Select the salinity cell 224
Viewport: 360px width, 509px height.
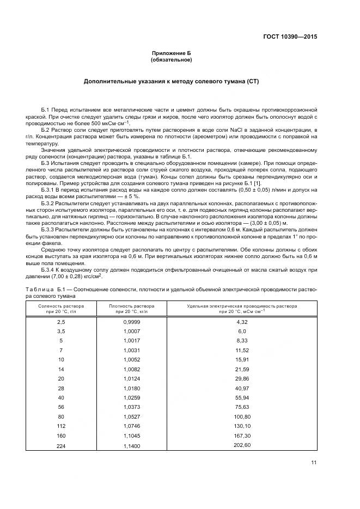(60, 446)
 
